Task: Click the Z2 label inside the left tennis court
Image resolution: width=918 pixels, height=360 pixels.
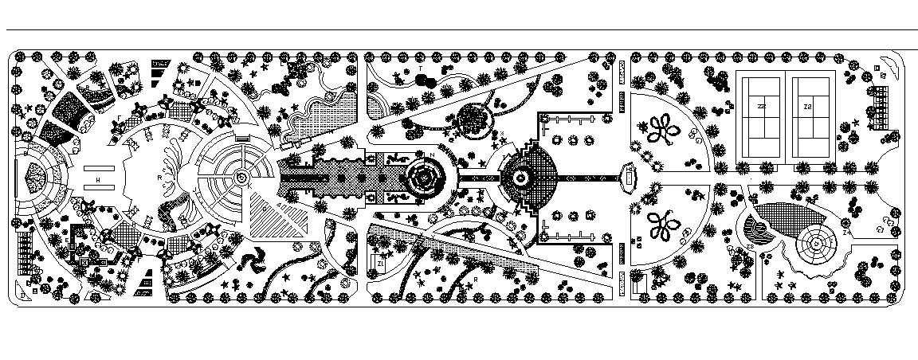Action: coord(762,106)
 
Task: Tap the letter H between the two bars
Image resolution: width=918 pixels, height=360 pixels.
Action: coord(98,181)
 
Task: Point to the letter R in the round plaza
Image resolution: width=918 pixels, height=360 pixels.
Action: coord(159,177)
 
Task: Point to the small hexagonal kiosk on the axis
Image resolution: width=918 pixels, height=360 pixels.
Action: coord(630,177)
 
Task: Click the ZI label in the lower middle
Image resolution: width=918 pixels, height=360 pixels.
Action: coord(382,261)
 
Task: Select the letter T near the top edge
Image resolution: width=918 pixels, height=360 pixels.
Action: coord(419,69)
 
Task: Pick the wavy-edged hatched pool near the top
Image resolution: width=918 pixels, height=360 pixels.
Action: coord(325,114)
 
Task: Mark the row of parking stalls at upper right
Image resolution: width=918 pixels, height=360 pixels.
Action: coord(877,108)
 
